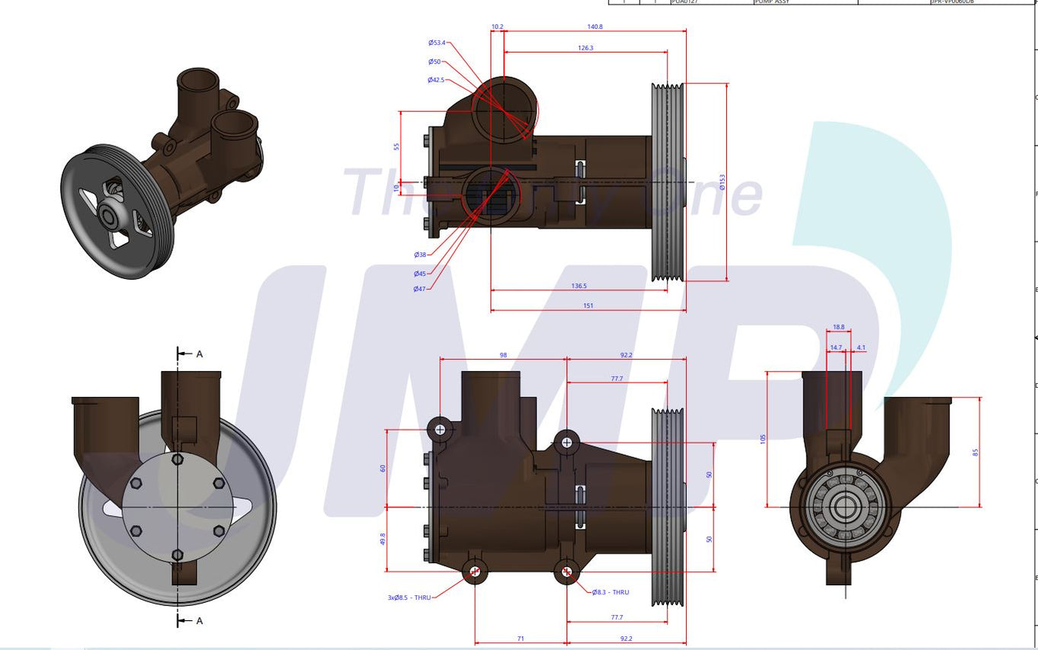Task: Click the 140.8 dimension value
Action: (x=594, y=27)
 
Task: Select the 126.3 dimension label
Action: (x=585, y=48)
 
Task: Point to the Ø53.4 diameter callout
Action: (x=436, y=43)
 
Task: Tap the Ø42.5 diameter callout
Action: (x=435, y=80)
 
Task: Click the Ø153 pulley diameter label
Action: (x=722, y=182)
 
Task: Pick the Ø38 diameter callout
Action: (x=420, y=255)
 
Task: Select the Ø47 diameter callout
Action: (x=419, y=289)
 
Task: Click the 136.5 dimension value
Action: (x=578, y=287)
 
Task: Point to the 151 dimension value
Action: (x=588, y=306)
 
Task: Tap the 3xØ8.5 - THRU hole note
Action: (x=409, y=597)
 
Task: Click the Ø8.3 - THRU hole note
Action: (x=610, y=592)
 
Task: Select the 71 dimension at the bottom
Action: (x=520, y=639)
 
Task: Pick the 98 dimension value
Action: (x=503, y=355)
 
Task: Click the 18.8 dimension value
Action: (x=838, y=327)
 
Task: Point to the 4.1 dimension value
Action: (x=860, y=347)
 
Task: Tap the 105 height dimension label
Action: (x=763, y=438)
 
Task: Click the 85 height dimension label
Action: (x=975, y=452)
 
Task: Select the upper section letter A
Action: (x=200, y=354)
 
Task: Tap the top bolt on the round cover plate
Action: (x=178, y=459)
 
